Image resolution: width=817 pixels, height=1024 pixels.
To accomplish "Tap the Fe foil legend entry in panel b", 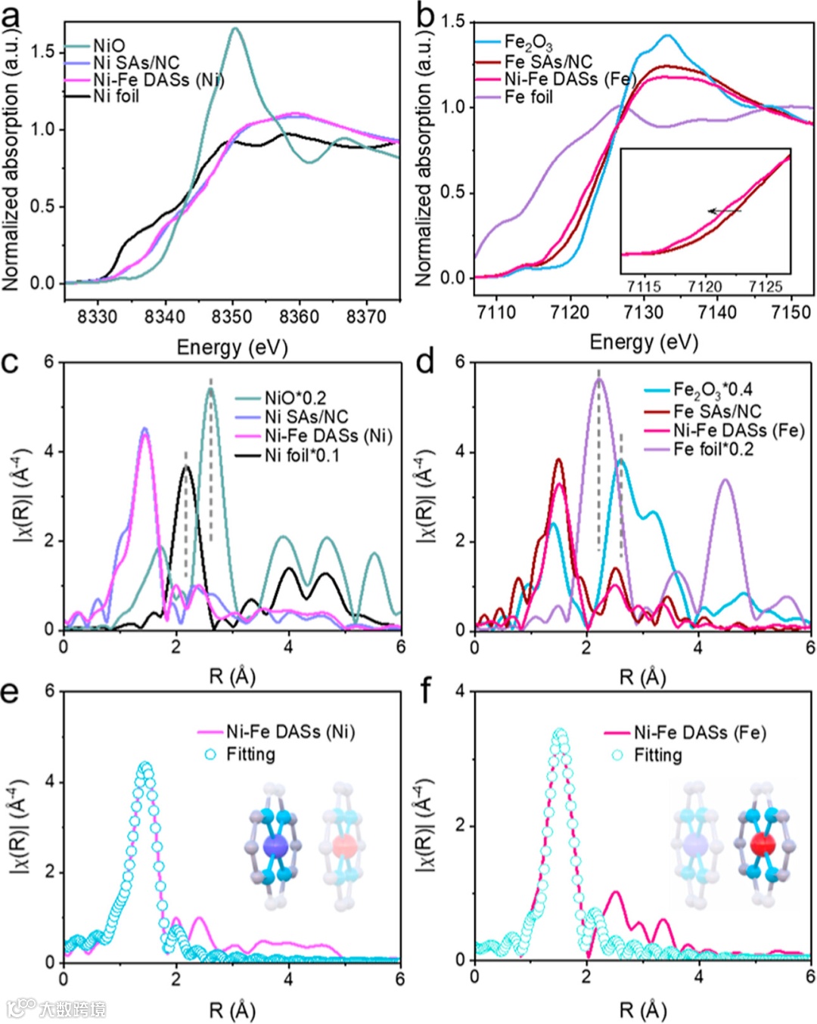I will click(528, 97).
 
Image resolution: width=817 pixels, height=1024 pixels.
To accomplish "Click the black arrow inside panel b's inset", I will click(724, 212).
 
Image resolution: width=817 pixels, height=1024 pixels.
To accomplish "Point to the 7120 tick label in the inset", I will click(704, 286).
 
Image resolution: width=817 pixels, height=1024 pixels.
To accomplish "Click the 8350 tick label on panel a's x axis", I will click(231, 317).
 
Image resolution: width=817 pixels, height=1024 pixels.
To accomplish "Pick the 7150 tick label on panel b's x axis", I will click(791, 312).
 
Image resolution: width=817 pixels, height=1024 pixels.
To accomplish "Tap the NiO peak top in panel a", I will click(235, 29).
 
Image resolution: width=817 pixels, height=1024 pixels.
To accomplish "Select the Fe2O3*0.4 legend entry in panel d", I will click(713, 391).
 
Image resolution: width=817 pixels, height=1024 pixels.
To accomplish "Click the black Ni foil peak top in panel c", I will click(186, 467).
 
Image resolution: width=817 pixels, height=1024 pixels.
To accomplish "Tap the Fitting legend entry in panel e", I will click(250, 754).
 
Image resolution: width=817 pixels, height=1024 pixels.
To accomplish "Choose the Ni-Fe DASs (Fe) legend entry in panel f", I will click(699, 732).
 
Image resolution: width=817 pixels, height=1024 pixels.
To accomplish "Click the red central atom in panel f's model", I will click(763, 843).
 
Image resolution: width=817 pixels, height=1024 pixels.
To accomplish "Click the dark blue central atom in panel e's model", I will click(276, 845).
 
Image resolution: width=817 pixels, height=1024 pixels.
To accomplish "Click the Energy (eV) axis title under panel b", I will click(643, 342).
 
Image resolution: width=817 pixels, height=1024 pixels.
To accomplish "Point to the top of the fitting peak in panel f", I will click(560, 733).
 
